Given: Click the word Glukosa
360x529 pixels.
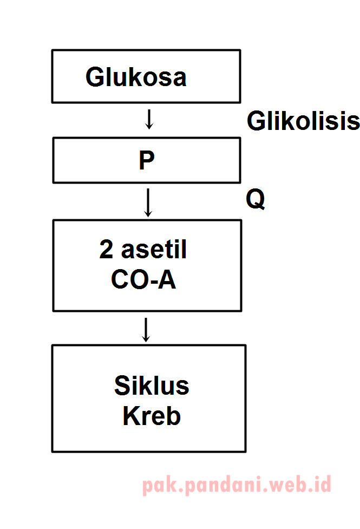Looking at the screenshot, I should (x=136, y=77).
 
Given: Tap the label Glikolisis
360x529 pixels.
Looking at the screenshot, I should (x=303, y=121).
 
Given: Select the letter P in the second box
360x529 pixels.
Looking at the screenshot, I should (x=146, y=161).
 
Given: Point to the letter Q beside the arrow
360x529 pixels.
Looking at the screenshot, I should (x=256, y=200).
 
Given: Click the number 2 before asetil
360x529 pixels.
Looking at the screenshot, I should (x=107, y=250).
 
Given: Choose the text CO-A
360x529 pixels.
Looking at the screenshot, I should (x=143, y=279).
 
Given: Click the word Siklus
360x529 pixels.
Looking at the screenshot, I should (x=152, y=386).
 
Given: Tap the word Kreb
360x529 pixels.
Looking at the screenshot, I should (x=152, y=416).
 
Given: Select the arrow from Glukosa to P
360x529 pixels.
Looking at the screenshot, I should (x=149, y=119).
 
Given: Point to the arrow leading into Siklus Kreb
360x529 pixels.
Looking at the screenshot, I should (x=145, y=329).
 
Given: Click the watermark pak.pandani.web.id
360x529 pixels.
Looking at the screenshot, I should (x=237, y=485).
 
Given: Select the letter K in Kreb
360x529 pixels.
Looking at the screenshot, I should (x=130, y=416).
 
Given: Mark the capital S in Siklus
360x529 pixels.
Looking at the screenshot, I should (x=122, y=386).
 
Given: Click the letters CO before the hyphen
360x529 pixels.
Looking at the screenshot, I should (x=128, y=279).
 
